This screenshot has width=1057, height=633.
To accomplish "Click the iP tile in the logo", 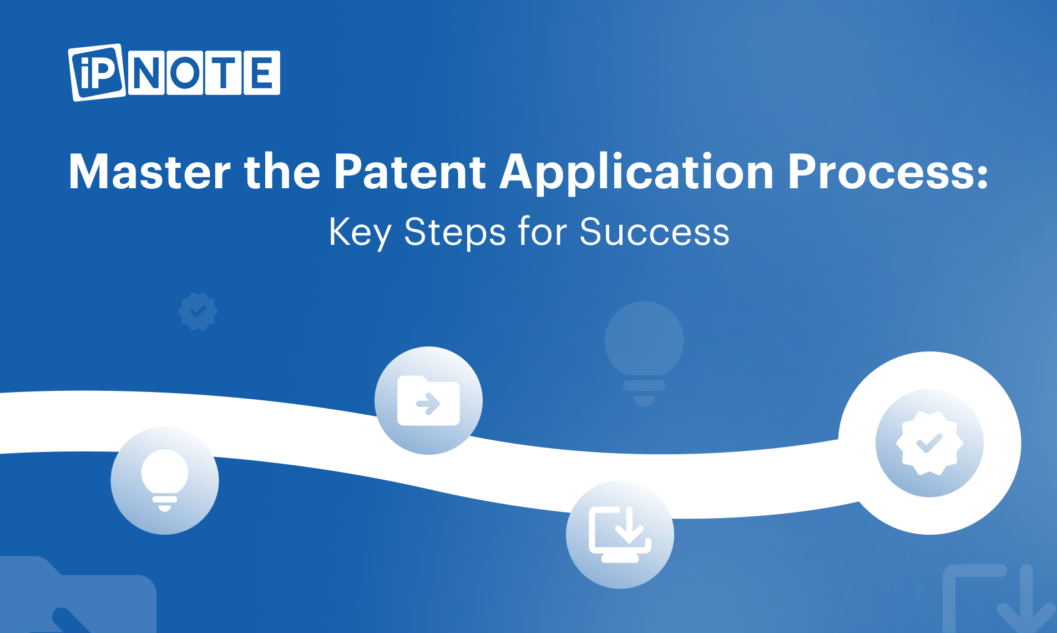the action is (97, 73).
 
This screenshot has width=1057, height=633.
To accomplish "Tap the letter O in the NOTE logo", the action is (185, 73).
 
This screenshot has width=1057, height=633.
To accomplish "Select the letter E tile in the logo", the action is (262, 73).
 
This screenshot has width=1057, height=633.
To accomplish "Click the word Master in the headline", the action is (149, 172).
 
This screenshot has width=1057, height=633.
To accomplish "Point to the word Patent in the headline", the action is (410, 172).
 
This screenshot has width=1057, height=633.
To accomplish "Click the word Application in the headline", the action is (637, 173).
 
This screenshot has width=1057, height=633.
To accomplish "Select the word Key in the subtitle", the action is (360, 233).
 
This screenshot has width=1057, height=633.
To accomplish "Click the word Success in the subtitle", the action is (654, 232).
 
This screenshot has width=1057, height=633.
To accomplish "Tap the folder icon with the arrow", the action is (428, 400).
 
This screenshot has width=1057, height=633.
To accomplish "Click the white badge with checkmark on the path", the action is (929, 443).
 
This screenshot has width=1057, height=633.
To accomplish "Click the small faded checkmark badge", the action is (198, 312).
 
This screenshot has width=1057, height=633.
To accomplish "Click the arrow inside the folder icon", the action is (428, 404).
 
